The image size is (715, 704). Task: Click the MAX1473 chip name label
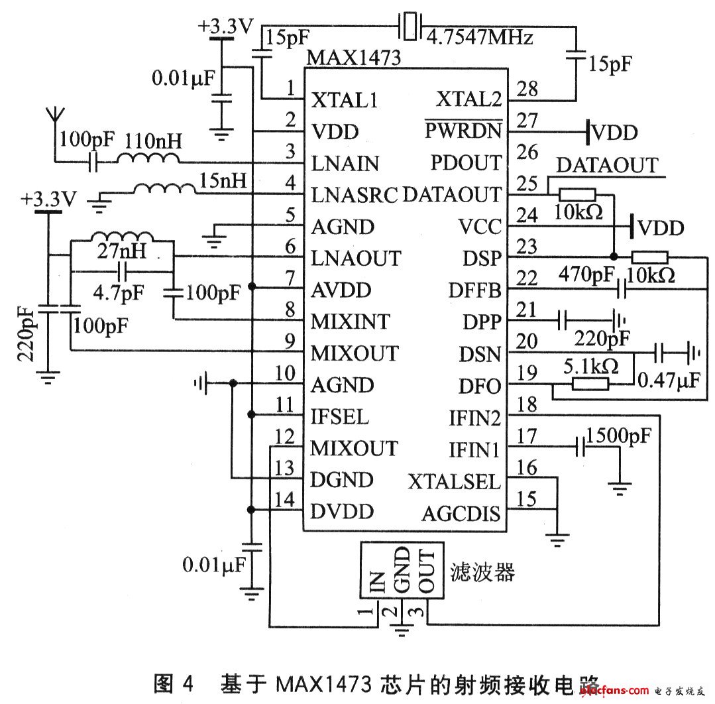[353, 58]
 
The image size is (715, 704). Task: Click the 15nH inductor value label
[224, 180]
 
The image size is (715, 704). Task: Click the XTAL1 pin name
[345, 100]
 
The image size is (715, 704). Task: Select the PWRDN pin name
[463, 131]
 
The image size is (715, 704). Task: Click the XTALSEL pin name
[455, 482]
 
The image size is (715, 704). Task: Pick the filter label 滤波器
[482, 571]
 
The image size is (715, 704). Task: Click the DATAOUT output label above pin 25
[607, 165]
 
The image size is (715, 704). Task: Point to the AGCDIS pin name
[461, 514]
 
